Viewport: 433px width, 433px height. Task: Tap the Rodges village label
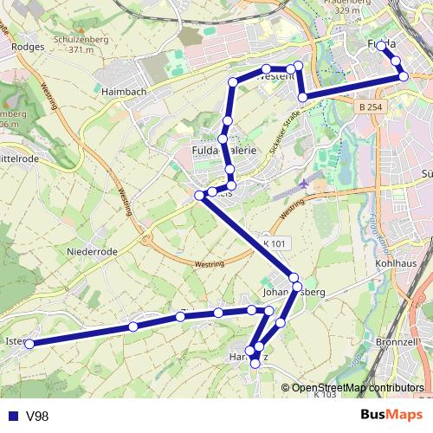[29, 47]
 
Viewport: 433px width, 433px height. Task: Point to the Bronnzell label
[398, 342]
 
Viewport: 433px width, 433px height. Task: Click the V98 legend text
[37, 417]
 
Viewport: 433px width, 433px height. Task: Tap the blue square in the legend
[12, 417]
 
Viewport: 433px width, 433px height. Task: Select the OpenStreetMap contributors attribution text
[358, 387]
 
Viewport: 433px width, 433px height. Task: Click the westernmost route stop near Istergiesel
[29, 344]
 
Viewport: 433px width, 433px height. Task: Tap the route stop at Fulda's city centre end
[381, 45]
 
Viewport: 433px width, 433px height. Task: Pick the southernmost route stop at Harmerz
[255, 365]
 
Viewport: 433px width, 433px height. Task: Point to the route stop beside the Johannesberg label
[296, 277]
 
